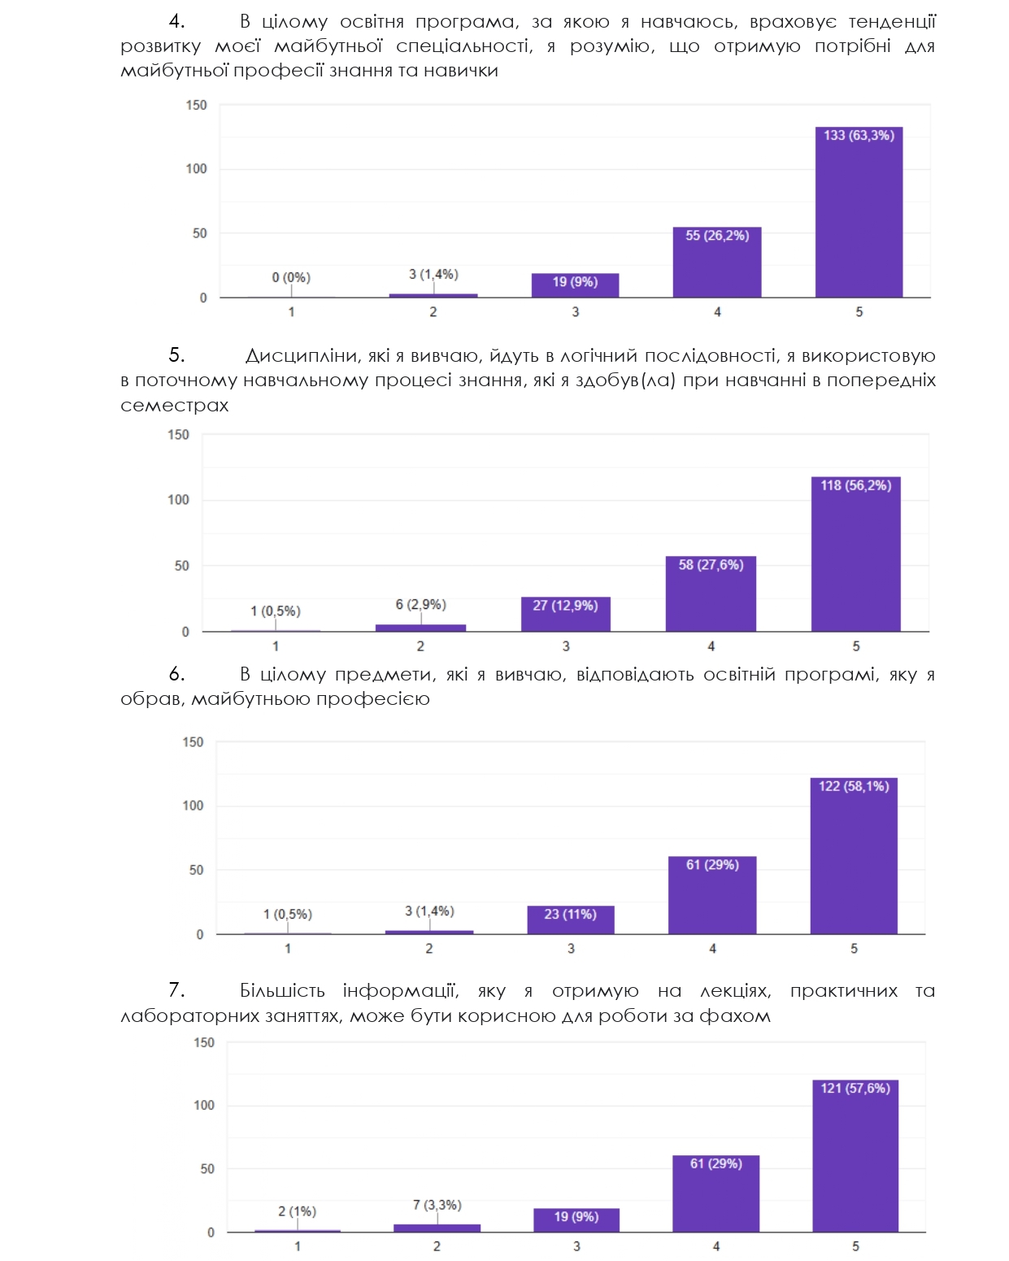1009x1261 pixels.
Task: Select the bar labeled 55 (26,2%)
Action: coord(717,263)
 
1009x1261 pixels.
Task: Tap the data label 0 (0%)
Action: coord(291,278)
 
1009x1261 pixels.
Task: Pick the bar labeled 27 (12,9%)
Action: coord(565,615)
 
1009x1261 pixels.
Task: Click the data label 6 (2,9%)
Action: coord(420,605)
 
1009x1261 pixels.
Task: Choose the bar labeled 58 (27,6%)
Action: coord(711,594)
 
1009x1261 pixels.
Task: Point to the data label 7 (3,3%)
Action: coord(437,1205)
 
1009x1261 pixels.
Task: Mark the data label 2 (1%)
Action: coord(297,1211)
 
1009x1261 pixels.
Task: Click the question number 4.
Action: coord(176,22)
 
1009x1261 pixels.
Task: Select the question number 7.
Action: coord(176,990)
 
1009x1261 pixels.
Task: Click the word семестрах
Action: coord(174,406)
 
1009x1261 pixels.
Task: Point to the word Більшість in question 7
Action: coord(282,991)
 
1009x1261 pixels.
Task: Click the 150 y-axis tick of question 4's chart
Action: coord(196,105)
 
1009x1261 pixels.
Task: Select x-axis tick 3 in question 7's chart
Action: coord(576,1246)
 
